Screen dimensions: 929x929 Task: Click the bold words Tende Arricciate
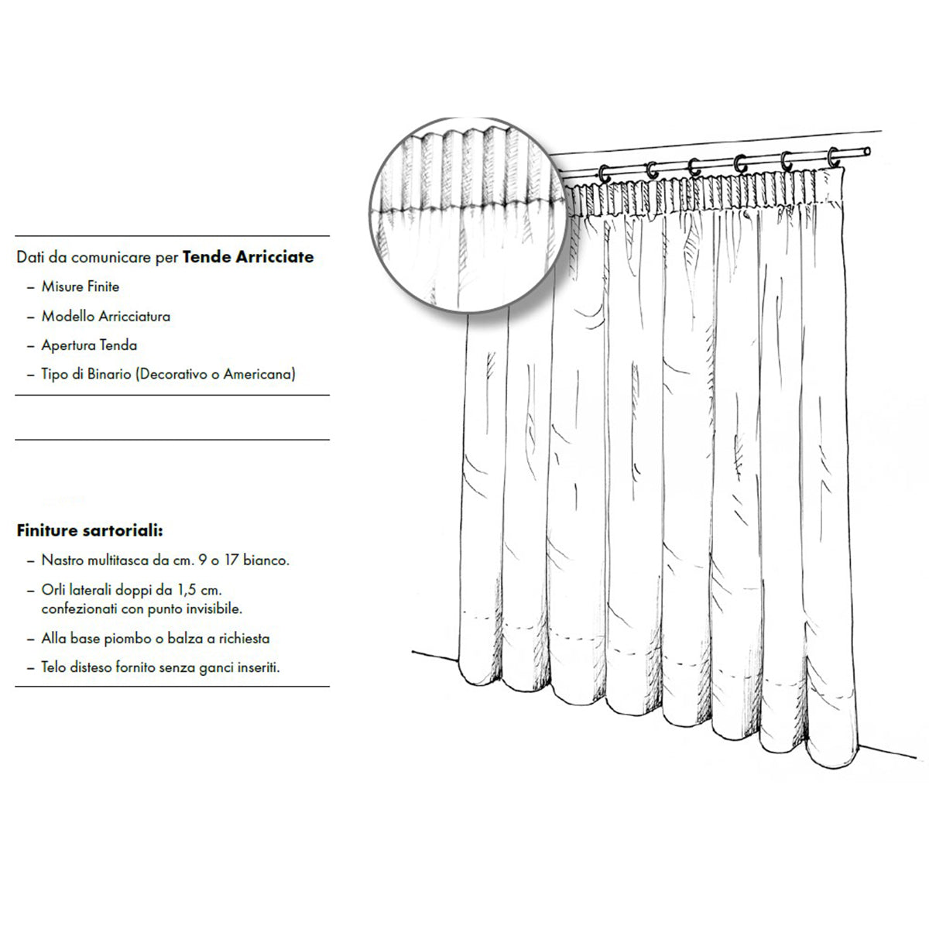coord(248,257)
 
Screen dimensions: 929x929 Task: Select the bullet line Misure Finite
coord(81,287)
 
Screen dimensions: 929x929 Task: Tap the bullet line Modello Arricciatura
coord(106,317)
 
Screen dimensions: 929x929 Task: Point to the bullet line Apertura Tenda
coord(89,345)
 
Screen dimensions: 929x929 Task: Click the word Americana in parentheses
coord(259,374)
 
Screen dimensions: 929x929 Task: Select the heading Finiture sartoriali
coord(90,530)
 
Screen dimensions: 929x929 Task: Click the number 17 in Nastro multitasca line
coord(231,560)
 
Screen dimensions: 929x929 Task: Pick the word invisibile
coord(214,609)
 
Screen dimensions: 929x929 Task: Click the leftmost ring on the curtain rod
coord(604,173)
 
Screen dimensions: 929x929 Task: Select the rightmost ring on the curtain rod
coord(833,157)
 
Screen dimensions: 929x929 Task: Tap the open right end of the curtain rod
coord(867,152)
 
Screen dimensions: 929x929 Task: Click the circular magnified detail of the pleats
coord(467,214)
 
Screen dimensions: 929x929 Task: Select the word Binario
coord(109,374)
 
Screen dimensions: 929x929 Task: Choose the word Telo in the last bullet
coord(53,667)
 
